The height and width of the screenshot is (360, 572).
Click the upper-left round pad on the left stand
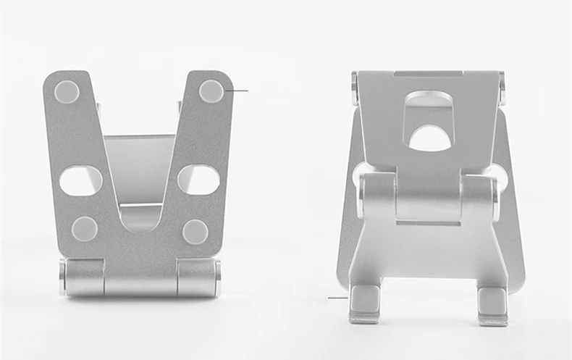[67, 91]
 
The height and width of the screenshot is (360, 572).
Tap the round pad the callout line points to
[211, 91]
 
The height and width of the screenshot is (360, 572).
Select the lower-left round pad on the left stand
[85, 229]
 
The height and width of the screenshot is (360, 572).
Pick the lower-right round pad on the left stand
[195, 231]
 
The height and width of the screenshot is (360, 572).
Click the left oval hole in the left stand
[80, 180]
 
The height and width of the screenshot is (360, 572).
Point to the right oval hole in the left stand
[198, 179]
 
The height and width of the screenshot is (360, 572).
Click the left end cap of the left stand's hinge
[63, 277]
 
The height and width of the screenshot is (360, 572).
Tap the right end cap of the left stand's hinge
[216, 277]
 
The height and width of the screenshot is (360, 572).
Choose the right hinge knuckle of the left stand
[195, 277]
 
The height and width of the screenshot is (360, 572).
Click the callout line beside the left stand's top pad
[237, 91]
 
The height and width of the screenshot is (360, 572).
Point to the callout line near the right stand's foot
[337, 298]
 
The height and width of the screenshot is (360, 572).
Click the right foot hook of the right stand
[492, 304]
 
